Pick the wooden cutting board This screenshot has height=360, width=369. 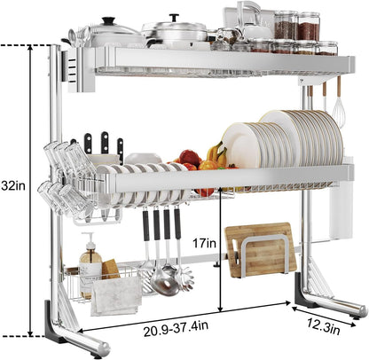[x=260, y=251]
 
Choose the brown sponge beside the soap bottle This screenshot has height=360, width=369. [x=110, y=268]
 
